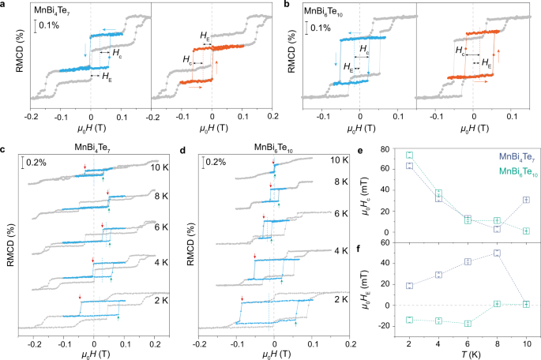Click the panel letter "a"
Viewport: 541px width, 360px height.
pos(5,5)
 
